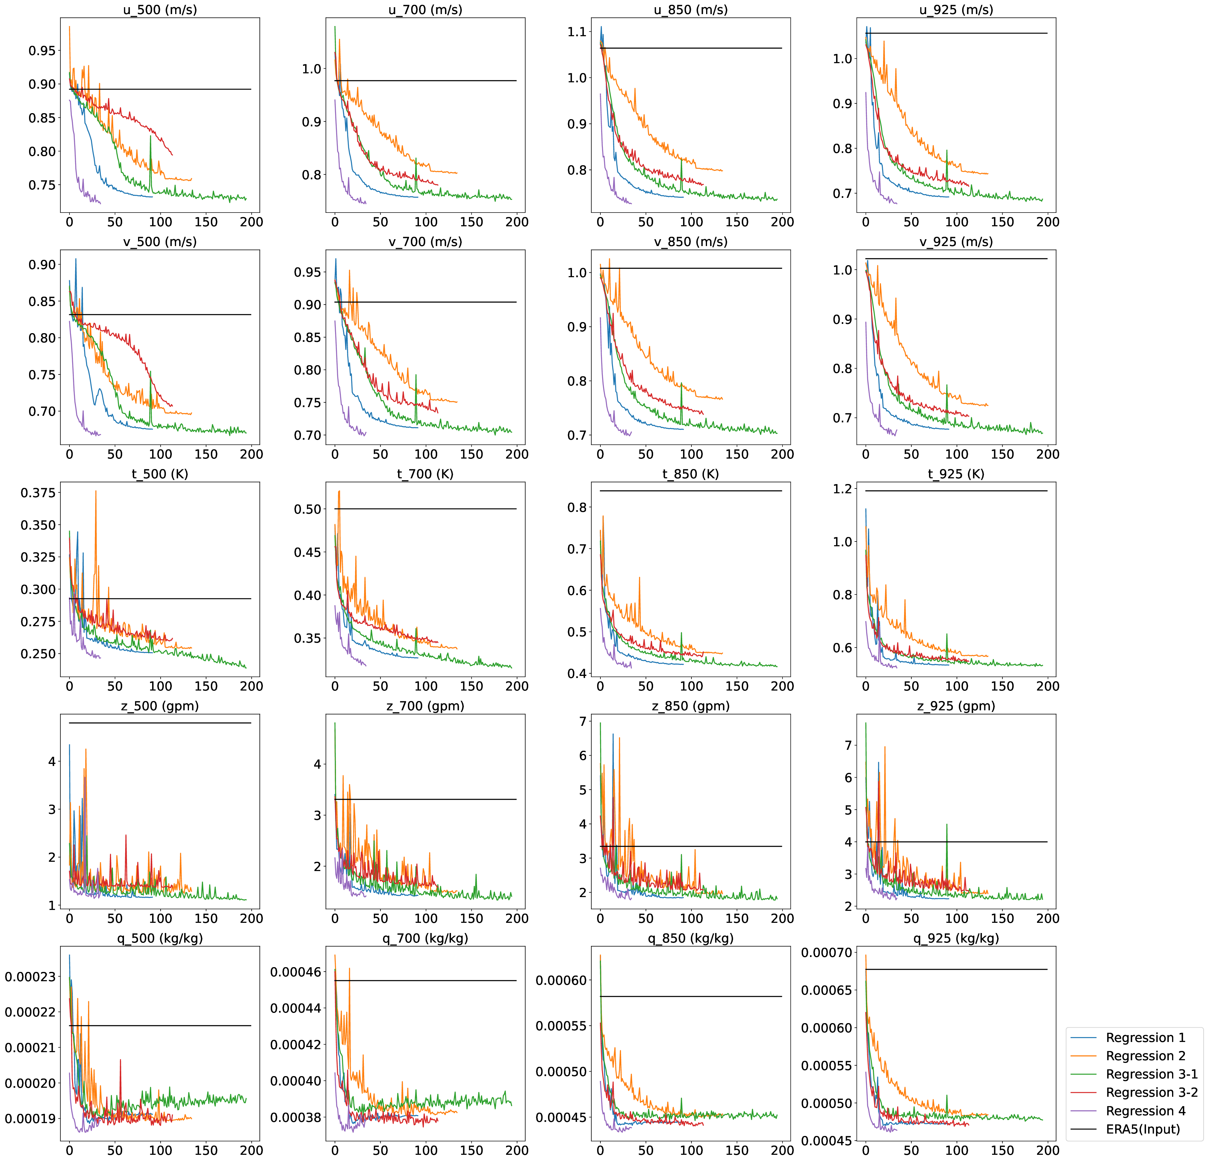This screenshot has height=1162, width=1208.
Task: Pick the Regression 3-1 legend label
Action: pyautogui.click(x=1151, y=1074)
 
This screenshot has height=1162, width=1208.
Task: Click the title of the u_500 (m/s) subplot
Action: pyautogui.click(x=160, y=9)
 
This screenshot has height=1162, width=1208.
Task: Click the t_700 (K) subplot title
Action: pyautogui.click(x=425, y=474)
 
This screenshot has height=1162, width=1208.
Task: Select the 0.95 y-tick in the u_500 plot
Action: pyautogui.click(x=42, y=51)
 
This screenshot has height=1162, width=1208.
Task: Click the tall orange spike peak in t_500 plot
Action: pyautogui.click(x=96, y=491)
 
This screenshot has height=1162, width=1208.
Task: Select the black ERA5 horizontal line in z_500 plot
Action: pyautogui.click(x=160, y=723)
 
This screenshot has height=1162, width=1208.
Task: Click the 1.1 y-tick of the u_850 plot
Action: pyautogui.click(x=577, y=31)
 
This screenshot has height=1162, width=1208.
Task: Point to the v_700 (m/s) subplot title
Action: pyautogui.click(x=425, y=242)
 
